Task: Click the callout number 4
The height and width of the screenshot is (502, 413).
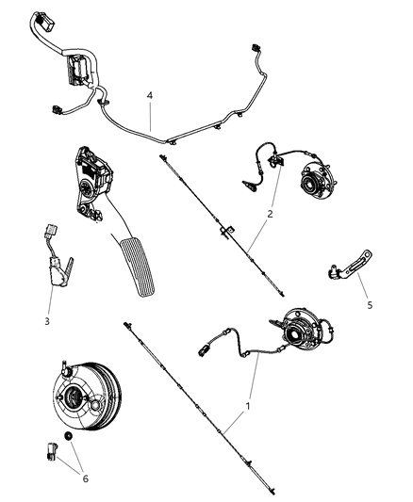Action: [148, 95]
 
